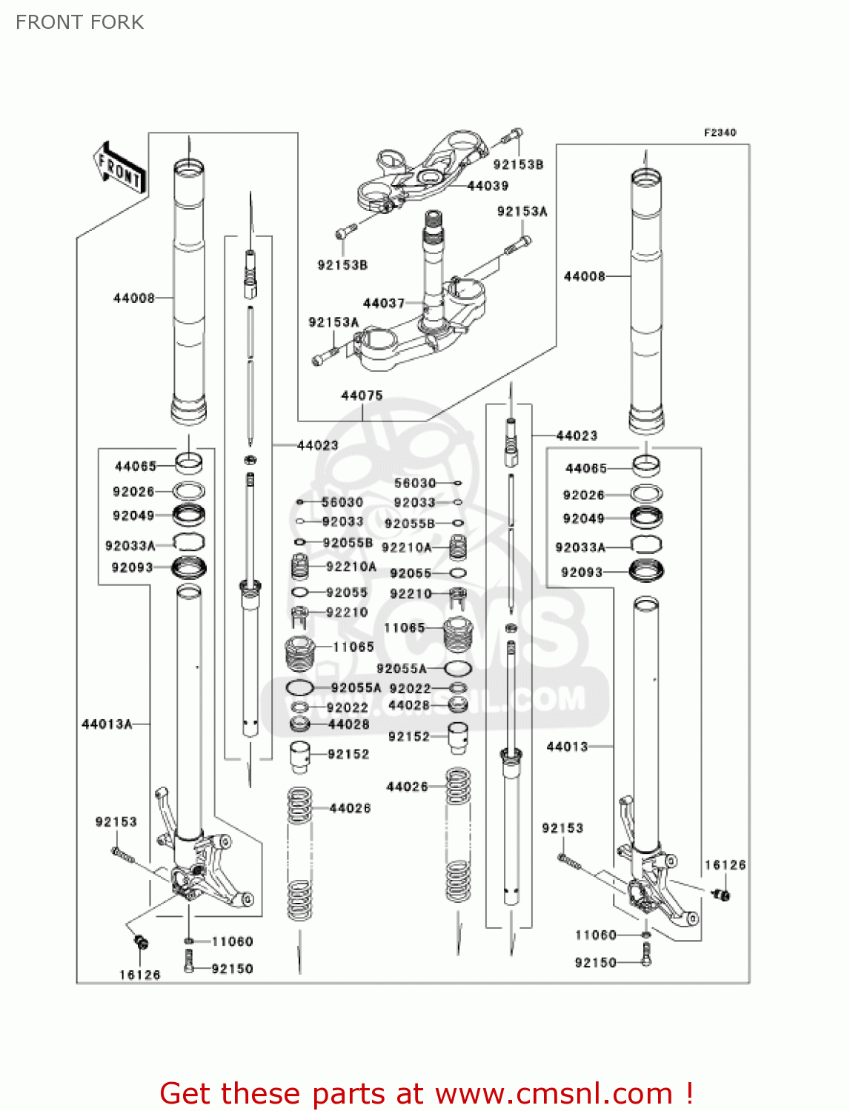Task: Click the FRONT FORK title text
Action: point(79,22)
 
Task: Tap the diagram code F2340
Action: point(720,133)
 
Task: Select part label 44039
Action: point(488,186)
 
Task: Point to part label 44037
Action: point(383,303)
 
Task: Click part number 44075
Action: point(362,396)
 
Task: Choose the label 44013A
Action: point(107,724)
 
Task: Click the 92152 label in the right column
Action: point(409,736)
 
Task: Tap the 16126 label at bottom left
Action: point(139,975)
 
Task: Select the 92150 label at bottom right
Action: point(595,962)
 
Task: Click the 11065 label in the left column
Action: point(353,647)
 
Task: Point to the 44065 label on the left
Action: point(136,466)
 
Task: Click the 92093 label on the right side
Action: point(582,572)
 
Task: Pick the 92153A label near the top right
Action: point(522,211)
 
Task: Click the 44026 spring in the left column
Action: point(299,852)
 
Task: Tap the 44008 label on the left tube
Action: point(133,298)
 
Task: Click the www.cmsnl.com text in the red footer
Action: point(553,1093)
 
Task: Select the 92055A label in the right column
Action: point(401,668)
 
